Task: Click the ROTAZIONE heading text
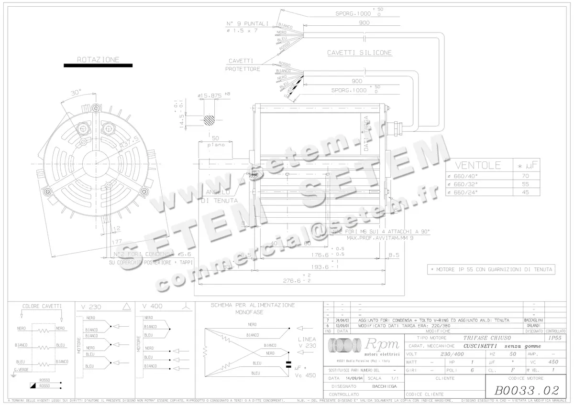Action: (x=98, y=60)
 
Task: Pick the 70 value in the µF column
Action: (x=525, y=176)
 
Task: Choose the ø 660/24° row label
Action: (x=463, y=192)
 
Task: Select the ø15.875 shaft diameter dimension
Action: (x=210, y=96)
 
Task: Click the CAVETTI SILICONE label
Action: (x=359, y=53)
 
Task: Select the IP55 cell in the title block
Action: (x=555, y=338)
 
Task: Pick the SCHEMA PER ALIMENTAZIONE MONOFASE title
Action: (x=253, y=308)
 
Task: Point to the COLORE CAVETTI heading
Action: (x=42, y=306)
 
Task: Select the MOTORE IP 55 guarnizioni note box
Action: (x=491, y=269)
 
